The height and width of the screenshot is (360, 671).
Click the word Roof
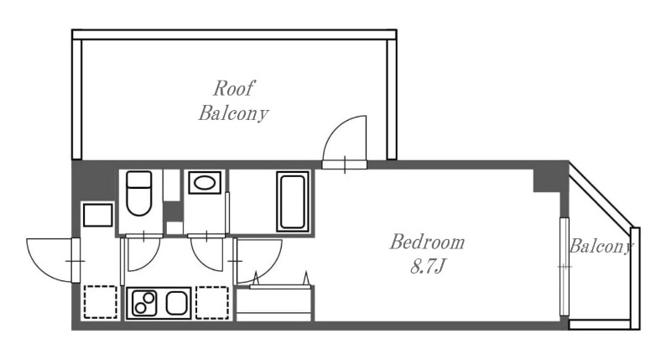[x=234, y=88]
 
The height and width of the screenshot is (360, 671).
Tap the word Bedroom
[x=427, y=243]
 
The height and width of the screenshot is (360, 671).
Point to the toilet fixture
[x=139, y=193]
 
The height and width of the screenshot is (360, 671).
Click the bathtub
[x=293, y=201]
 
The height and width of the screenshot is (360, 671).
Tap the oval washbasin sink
[x=205, y=183]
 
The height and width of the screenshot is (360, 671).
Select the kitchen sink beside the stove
[x=176, y=303]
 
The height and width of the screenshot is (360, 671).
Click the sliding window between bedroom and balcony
[x=564, y=267]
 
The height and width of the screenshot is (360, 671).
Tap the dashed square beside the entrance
[x=100, y=302]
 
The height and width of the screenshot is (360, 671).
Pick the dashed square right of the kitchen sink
[x=212, y=303]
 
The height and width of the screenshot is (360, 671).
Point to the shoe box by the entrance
[x=98, y=215]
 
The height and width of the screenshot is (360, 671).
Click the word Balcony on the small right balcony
[x=601, y=247]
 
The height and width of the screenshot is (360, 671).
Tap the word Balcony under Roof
[x=233, y=113]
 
